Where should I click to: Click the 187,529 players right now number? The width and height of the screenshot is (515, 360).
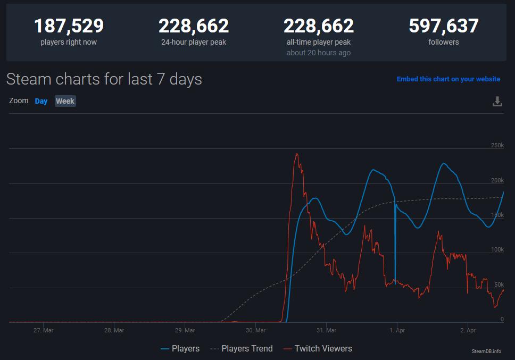pos(69,26)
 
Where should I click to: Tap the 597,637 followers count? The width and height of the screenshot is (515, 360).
pos(443,26)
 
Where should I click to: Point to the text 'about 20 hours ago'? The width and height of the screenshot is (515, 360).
pos(318,53)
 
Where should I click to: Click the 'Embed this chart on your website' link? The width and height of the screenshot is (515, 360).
pos(448,79)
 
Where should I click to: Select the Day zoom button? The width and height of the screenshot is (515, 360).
pos(41,101)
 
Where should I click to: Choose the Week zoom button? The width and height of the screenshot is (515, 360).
pos(65,101)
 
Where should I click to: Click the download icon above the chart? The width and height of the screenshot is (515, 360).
pos(497,102)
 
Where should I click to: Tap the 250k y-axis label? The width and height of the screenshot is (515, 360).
pos(497,146)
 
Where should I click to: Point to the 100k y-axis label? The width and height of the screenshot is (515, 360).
pos(497,250)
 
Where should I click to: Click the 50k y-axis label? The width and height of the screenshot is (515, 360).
pos(499,284)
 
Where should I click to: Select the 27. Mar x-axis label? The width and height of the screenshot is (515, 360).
pos(43,330)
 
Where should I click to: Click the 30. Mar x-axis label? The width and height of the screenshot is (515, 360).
pos(255,330)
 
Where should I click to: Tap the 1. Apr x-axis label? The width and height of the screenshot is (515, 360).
pos(397,330)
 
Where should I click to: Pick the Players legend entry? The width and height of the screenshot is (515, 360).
pos(180,349)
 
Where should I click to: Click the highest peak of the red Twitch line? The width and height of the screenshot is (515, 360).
pos(296,154)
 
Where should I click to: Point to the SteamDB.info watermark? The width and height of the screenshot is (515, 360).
pos(486,351)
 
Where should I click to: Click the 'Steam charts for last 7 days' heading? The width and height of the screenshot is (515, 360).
pos(104,79)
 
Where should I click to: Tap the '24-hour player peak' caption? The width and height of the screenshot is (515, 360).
pos(194,42)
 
